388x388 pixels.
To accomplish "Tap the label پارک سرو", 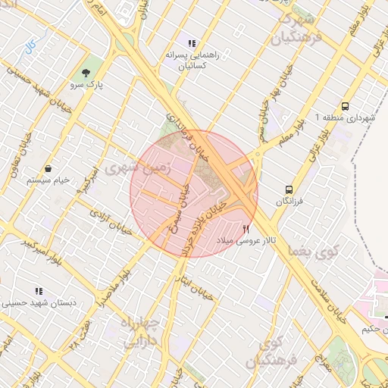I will (89, 86).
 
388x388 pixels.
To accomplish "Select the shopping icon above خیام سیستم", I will (48, 167).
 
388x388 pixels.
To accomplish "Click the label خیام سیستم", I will (48, 180).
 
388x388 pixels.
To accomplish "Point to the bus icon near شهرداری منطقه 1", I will (346, 106).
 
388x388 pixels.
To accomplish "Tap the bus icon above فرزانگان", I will (289, 189).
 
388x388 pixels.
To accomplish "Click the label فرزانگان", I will (289, 202).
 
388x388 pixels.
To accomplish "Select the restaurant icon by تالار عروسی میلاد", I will (245, 228).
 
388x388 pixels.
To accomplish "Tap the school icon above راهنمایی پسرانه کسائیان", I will (192, 43).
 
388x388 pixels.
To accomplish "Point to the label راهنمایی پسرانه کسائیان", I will (192, 61).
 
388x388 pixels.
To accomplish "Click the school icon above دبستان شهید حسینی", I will (38, 290).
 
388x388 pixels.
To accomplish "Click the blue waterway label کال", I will (30, 48).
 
